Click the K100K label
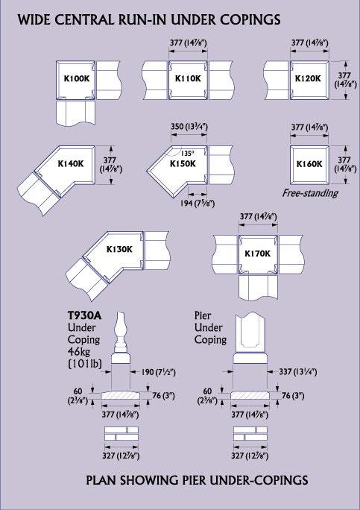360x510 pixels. [76, 78]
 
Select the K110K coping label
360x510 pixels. [188, 78]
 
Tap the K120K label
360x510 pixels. [308, 78]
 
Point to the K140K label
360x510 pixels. [71, 163]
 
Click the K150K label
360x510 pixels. [183, 163]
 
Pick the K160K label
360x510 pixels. [309, 163]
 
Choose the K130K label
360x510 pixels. [119, 249]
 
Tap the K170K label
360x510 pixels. [257, 253]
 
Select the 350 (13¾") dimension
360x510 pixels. [189, 127]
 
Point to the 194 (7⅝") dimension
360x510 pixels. [198, 204]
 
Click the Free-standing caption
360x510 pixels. [309, 193]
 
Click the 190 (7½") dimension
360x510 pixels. [157, 371]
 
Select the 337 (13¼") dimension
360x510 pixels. [298, 371]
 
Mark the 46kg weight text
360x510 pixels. [80, 352]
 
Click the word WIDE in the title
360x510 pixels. [34, 20]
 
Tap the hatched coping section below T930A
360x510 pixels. [121, 395]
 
